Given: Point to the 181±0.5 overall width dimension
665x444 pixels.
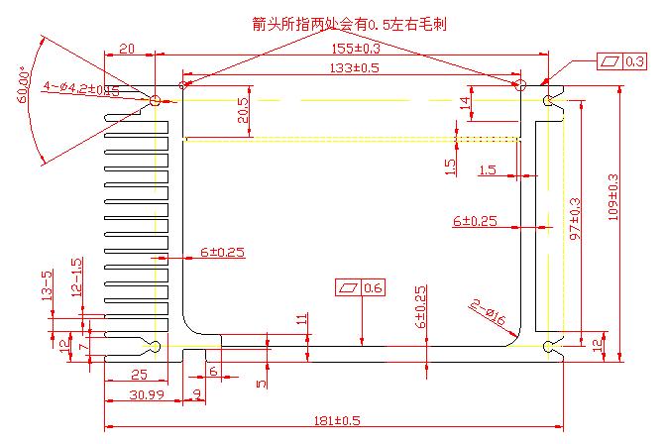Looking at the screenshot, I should click(x=336, y=420).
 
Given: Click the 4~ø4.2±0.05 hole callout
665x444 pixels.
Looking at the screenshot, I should click(x=80, y=88).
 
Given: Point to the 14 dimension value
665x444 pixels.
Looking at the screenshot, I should click(x=465, y=102).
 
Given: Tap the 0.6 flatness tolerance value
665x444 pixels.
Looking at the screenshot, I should click(x=374, y=288).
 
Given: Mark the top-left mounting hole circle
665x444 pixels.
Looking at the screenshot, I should click(x=156, y=100).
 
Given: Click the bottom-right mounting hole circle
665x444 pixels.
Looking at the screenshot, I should click(x=549, y=346).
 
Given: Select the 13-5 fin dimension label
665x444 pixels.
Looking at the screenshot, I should click(x=47, y=284).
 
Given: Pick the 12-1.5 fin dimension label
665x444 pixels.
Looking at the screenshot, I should click(x=76, y=277).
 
